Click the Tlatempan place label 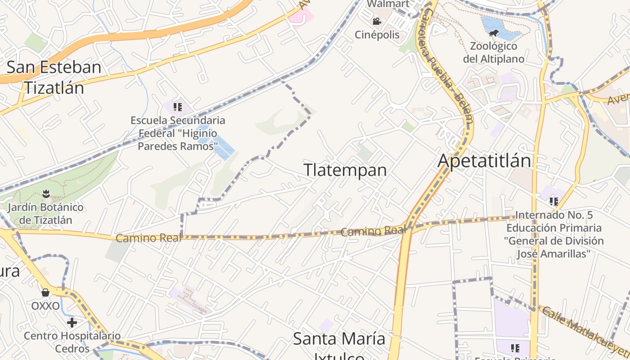coord(345,170)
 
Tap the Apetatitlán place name coord(484,161)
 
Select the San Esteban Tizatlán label coord(54,77)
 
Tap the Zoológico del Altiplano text coord(494,52)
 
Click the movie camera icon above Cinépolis coord(377,21)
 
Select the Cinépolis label coord(377,35)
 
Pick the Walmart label coord(388,4)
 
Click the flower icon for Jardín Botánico coord(45,194)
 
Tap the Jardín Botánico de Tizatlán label coord(46,214)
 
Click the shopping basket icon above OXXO coord(45,292)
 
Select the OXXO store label coord(45,306)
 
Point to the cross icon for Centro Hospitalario coord(72,322)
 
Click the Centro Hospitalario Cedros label coord(72,342)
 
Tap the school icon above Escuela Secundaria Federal coord(178,107)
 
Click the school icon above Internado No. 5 coord(553,201)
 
